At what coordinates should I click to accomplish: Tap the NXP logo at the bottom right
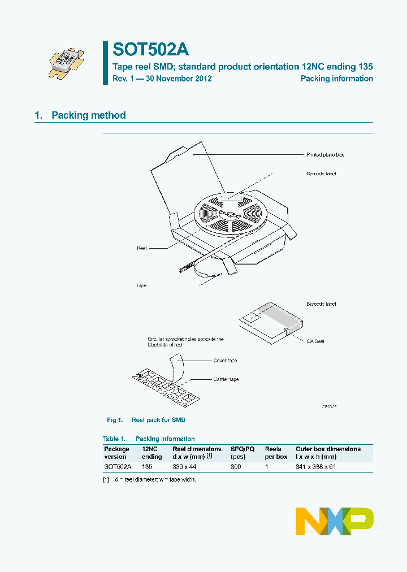coord(335,521)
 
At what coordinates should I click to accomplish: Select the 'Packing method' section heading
coord(88,115)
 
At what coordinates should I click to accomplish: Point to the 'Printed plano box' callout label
coord(325,154)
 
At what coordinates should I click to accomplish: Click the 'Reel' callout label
coord(141,248)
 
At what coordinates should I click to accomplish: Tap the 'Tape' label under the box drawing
coord(141,285)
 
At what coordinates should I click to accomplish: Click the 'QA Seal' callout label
coord(315,341)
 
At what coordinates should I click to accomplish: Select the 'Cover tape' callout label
coord(225,360)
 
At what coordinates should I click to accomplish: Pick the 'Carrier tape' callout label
coord(226,379)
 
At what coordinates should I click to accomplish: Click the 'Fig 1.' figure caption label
coord(115,420)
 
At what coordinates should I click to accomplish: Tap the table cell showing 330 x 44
coord(185,467)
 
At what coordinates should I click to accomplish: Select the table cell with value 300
coord(236,467)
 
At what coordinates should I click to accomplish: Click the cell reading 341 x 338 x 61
coord(316,467)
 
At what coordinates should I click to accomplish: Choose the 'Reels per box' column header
coord(276,453)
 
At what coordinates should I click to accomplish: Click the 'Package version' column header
coord(117,453)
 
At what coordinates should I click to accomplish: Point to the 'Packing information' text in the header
coord(336,79)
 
